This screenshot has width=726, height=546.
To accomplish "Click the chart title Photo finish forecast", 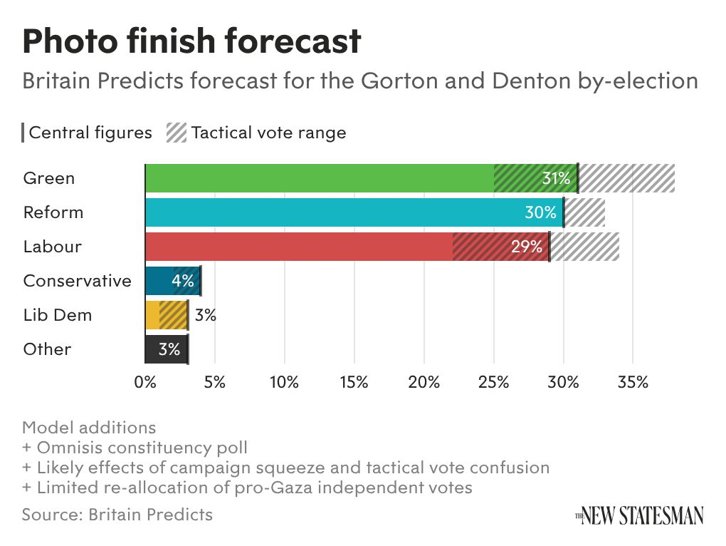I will [191, 41].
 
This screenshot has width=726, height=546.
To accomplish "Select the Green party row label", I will [49, 178].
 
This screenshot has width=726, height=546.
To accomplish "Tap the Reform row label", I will [53, 212].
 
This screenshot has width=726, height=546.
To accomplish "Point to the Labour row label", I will [53, 247].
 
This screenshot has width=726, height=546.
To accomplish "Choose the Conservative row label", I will [78, 281].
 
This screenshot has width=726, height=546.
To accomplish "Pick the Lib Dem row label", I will [58, 315].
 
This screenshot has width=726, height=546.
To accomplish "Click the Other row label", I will [47, 349].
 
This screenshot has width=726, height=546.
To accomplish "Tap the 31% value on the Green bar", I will [557, 178].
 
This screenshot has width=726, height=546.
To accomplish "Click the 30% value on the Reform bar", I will [541, 212].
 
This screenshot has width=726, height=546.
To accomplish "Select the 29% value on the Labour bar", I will [527, 247].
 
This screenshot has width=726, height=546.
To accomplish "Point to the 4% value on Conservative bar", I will [183, 281].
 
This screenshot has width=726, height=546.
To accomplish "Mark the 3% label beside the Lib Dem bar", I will [206, 315].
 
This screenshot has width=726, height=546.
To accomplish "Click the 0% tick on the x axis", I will [145, 382].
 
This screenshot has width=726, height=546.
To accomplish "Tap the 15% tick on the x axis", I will [354, 382].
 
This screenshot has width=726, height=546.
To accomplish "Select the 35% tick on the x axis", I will [633, 382].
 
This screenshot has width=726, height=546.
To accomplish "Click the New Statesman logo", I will [640, 515].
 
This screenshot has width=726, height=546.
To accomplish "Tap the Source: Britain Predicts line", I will [117, 514].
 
